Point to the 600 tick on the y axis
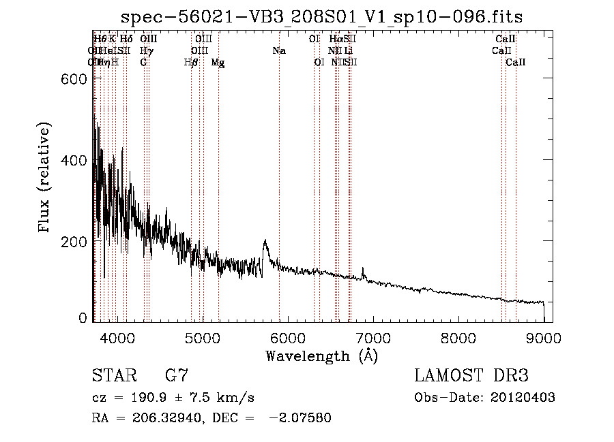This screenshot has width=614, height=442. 78,79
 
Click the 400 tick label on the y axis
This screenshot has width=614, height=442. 78,160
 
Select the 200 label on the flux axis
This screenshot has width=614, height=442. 78,241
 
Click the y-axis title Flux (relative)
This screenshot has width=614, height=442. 45,178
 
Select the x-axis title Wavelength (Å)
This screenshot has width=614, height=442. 321,356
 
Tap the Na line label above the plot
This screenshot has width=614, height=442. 278,51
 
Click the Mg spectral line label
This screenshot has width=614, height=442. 218,63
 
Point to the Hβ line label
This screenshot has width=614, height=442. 191,63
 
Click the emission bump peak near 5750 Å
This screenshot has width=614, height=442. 265,240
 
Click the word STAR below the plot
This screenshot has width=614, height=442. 113,376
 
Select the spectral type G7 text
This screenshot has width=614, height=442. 176,376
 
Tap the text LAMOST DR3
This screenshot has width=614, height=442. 471,376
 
